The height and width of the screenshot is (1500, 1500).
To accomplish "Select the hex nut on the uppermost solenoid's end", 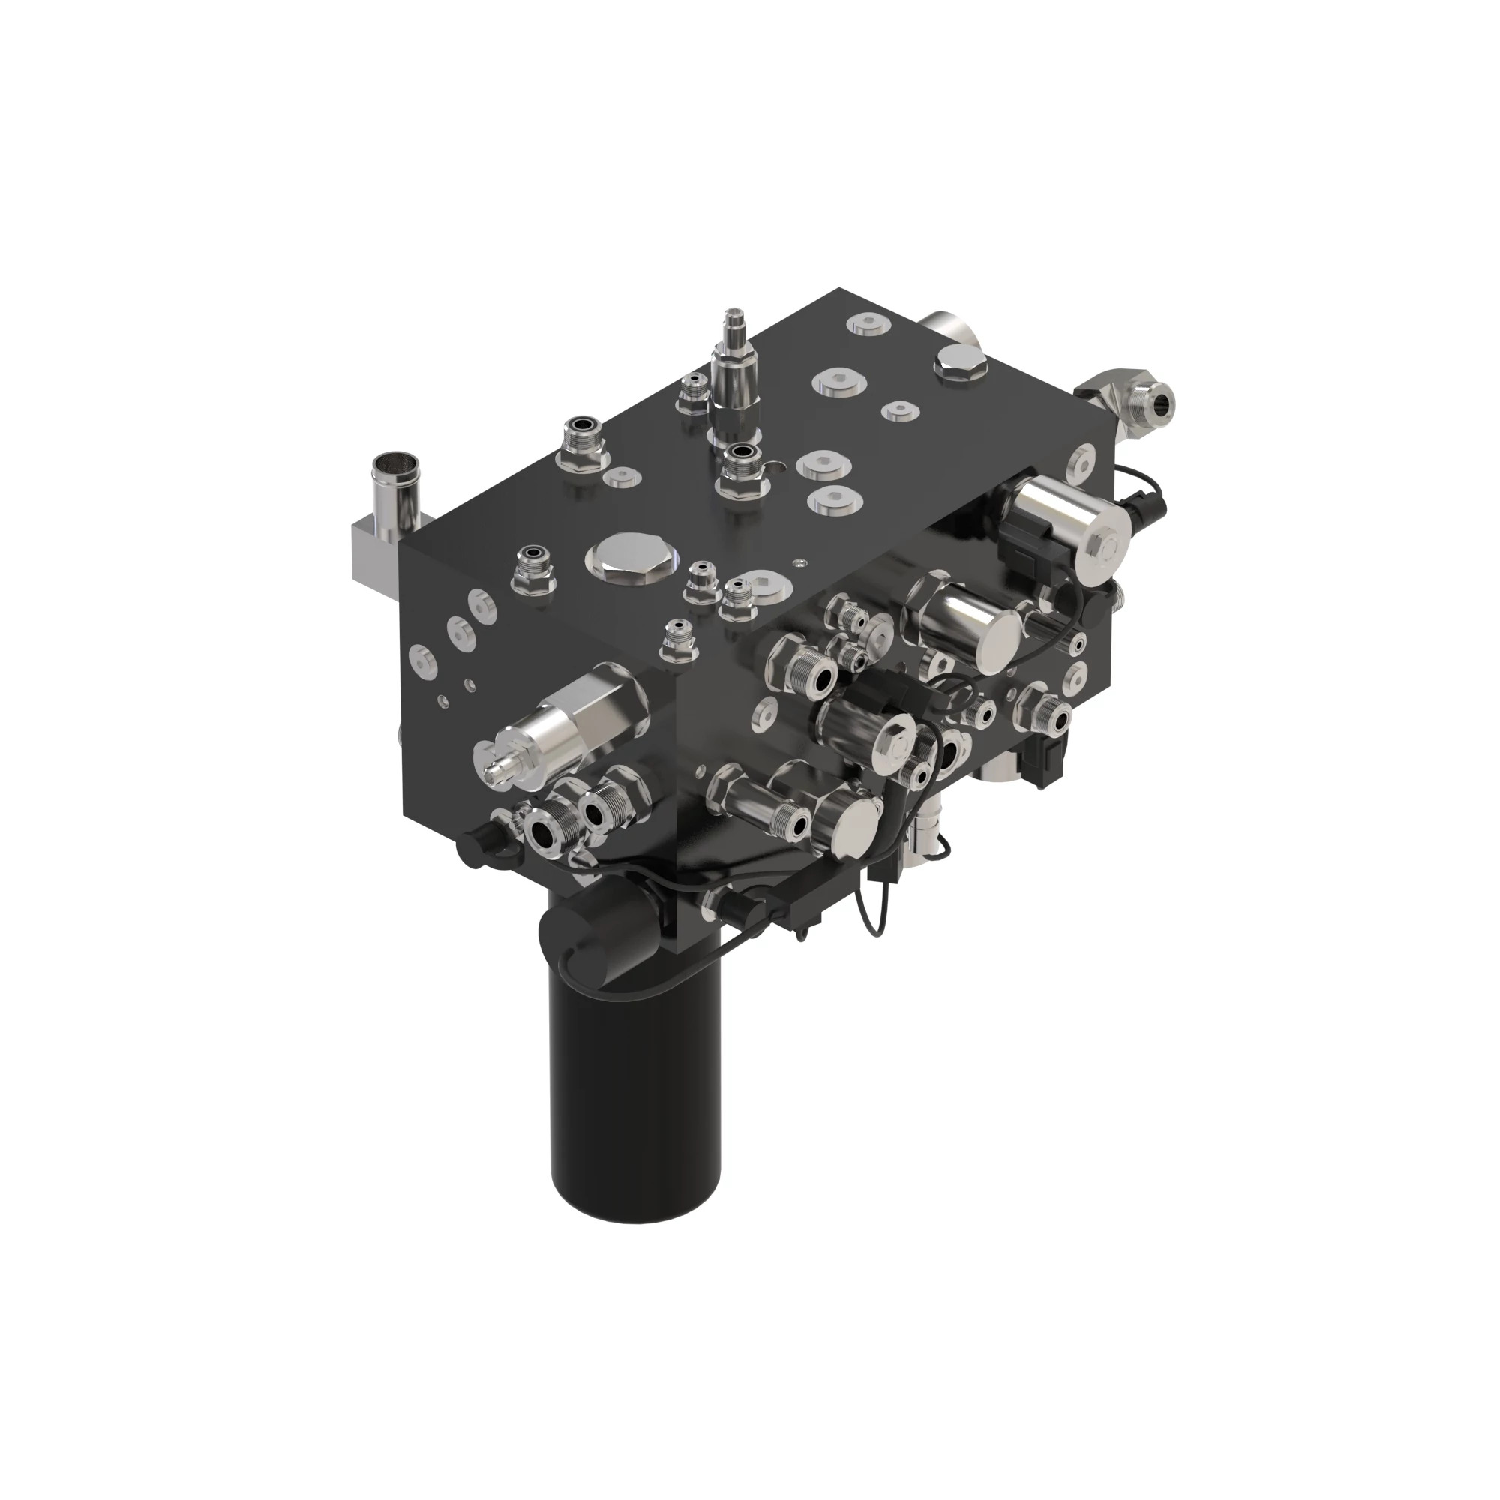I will pyautogui.click(x=1110, y=548).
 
